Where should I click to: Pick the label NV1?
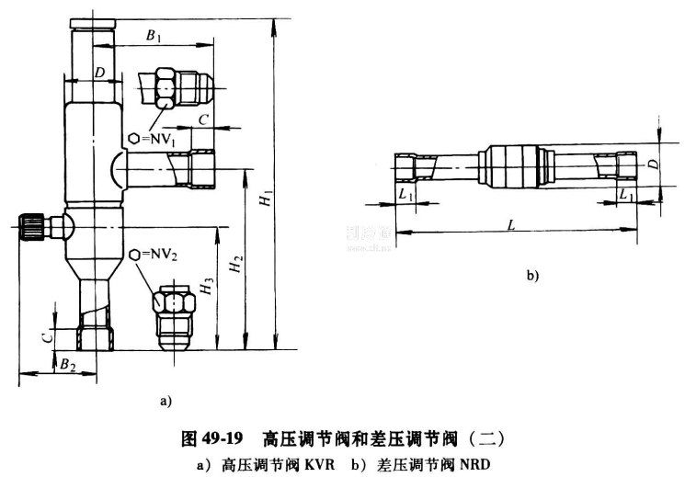pos(157,138)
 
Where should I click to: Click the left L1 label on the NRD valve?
pos(405,194)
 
